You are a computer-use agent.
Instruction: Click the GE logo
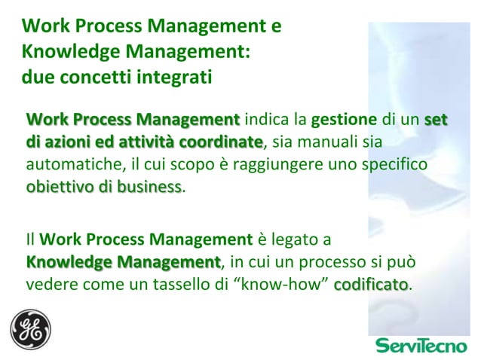[x=30, y=329]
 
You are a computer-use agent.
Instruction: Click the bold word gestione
[x=344, y=120]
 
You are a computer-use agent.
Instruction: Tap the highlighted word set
[x=435, y=120]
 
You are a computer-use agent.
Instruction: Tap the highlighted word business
[x=146, y=186]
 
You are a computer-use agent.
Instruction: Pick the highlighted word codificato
[x=370, y=285]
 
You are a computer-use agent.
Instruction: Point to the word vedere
[x=49, y=285]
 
